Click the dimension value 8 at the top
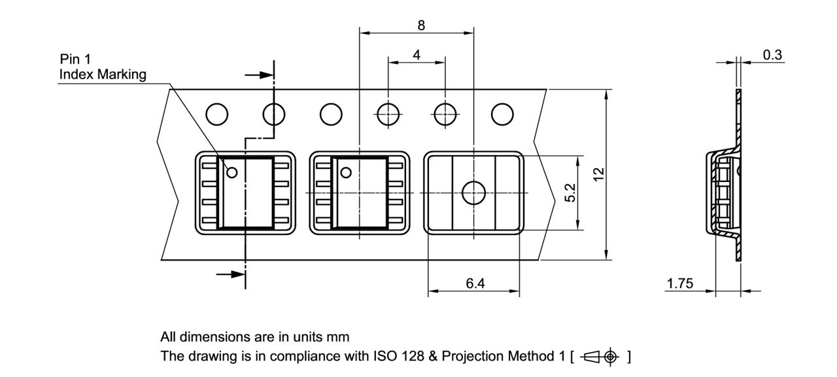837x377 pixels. click(x=420, y=26)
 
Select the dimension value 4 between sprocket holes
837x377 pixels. click(x=417, y=55)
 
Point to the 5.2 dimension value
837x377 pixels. click(x=570, y=193)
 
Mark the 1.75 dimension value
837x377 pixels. click(x=680, y=283)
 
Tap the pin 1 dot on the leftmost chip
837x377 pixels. click(x=231, y=173)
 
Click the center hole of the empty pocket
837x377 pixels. click(x=473, y=193)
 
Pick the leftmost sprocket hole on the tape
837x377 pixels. click(x=217, y=114)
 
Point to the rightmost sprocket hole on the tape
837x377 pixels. click(x=502, y=114)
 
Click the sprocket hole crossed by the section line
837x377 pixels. click(x=274, y=114)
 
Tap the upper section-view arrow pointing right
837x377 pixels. click(x=258, y=75)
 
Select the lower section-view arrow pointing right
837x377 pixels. click(x=230, y=275)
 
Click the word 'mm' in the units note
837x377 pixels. click(x=339, y=337)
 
